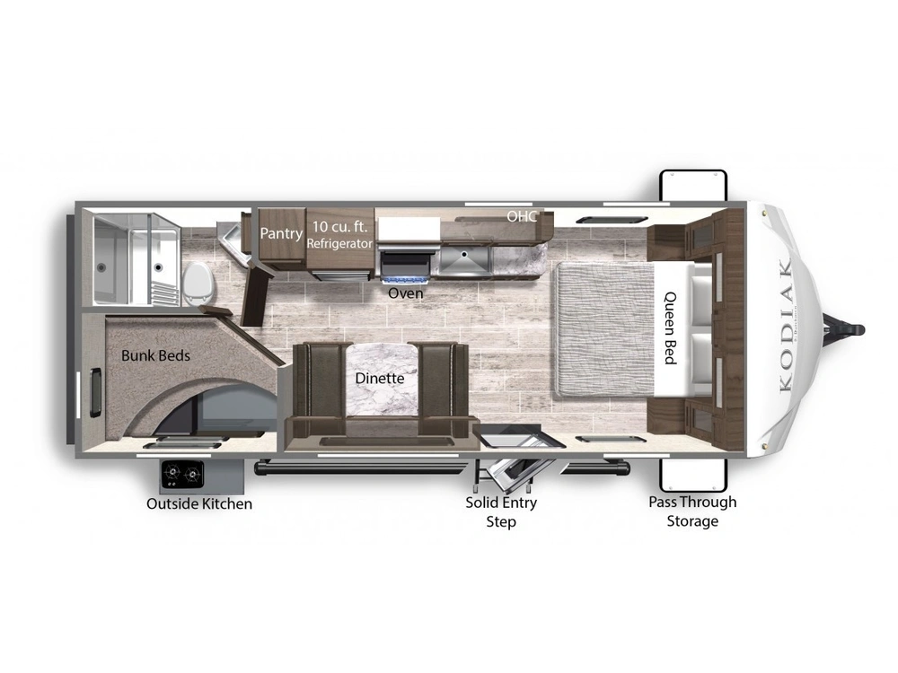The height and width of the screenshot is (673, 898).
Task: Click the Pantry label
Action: tap(281, 233)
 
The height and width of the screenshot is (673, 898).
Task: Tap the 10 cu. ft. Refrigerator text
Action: tap(339, 234)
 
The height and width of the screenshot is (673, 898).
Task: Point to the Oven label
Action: tap(406, 293)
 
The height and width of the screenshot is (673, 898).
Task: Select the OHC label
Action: tap(522, 215)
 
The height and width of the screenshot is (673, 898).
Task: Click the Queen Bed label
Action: tap(670, 328)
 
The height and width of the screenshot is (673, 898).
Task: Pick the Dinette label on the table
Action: tap(379, 379)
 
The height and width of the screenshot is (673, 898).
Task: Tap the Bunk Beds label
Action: tap(155, 355)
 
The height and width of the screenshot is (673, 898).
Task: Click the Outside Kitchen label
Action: tap(199, 503)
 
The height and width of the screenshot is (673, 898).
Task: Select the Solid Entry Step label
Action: tap(501, 511)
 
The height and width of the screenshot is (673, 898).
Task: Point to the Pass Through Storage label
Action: tap(692, 511)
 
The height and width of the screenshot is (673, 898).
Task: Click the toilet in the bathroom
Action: tap(198, 284)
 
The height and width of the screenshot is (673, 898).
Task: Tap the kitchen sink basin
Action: tap(464, 261)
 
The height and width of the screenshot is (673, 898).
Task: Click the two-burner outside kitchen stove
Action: tap(182, 475)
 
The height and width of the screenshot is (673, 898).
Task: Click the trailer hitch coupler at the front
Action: tap(848, 329)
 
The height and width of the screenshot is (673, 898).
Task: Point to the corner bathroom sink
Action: tap(233, 240)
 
